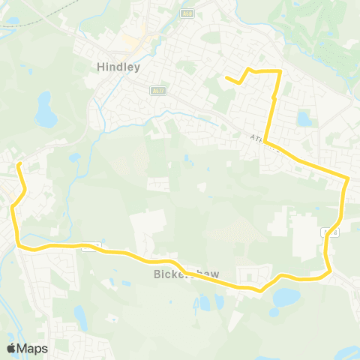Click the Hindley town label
(x=119, y=66)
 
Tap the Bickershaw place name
(x=181, y=274)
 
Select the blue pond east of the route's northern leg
(x=304, y=118)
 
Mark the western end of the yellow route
(x=18, y=163)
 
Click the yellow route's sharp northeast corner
(x=279, y=72)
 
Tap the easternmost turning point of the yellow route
(x=348, y=178)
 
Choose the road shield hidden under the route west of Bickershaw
(x=88, y=245)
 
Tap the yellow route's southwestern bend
(x=20, y=244)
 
